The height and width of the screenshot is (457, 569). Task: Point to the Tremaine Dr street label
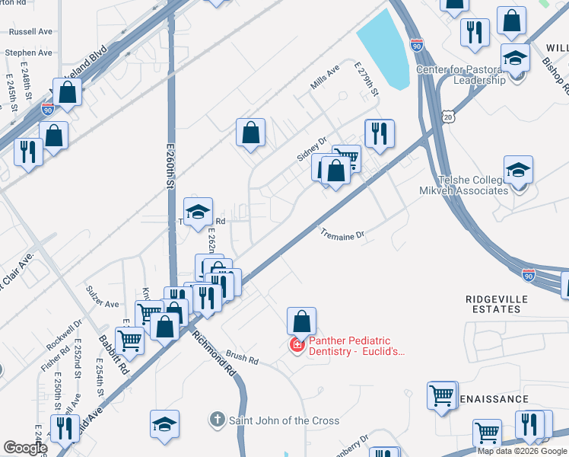click(x=342, y=236)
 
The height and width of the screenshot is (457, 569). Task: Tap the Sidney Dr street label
click(x=311, y=149)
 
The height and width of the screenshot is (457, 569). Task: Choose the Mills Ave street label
click(x=324, y=79)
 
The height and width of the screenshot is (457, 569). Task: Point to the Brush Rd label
click(x=243, y=357)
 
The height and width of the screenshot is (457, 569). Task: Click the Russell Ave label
click(x=30, y=33)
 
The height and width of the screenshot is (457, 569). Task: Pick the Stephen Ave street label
click(x=28, y=53)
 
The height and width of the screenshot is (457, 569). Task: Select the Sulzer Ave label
click(x=102, y=304)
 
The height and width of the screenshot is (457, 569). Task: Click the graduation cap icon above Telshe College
click(x=518, y=169)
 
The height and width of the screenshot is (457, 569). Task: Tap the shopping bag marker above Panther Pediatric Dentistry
click(x=302, y=321)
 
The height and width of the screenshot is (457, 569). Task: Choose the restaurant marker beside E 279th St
click(x=380, y=133)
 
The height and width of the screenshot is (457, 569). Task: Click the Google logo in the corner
click(x=25, y=448)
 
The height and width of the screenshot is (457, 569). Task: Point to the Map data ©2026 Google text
click(x=522, y=451)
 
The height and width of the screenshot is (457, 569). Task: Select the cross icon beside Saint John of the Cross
click(x=217, y=420)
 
